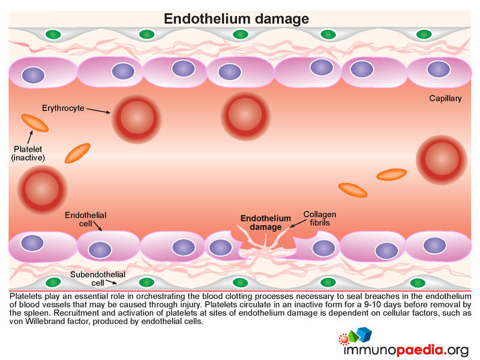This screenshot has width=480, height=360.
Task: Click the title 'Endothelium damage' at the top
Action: tap(236, 19)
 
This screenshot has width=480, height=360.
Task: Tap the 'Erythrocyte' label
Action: tap(63, 108)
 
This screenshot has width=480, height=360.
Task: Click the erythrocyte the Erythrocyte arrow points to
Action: tap(137, 118)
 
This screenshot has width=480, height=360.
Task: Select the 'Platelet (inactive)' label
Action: tap(28, 154)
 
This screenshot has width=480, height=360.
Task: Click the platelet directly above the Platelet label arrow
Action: tap(35, 123)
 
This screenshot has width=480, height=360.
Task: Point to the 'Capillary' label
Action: tap(445, 98)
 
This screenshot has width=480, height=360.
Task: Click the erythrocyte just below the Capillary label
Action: tap(442, 160)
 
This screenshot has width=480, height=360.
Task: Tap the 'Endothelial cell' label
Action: tap(85, 219)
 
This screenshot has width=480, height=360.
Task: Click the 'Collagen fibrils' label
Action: tap(320, 218)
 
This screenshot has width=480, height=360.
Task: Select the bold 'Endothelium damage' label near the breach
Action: tap(265, 223)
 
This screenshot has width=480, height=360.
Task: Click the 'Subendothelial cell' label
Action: tap(98, 278)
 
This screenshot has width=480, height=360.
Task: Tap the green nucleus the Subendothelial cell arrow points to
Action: tap(146, 282)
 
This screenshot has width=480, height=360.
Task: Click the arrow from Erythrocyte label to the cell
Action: tap(98, 110)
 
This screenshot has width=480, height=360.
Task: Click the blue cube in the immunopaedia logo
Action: tap(365, 334)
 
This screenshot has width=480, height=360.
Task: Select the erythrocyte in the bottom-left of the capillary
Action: tap(42, 190)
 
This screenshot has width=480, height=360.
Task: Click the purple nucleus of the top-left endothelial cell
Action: tap(33, 75)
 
